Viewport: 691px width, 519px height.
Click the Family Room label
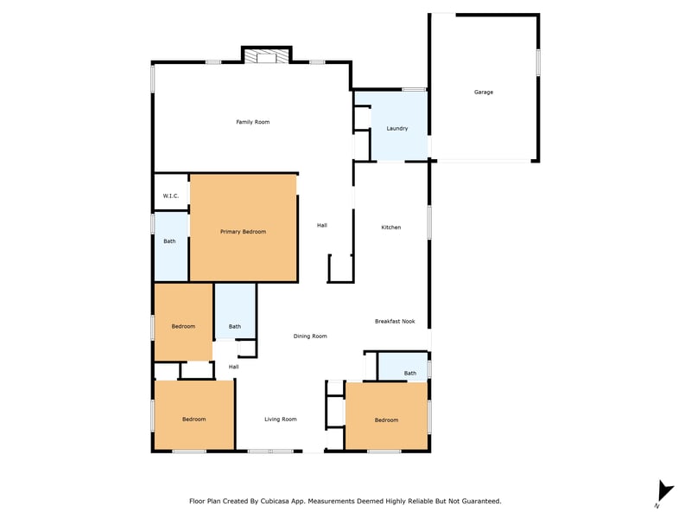pyautogui.click(x=252, y=122)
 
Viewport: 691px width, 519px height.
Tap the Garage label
pyautogui.click(x=484, y=93)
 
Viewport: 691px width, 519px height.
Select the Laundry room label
pyautogui.click(x=397, y=128)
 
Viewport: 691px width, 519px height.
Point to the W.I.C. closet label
pyautogui.click(x=170, y=196)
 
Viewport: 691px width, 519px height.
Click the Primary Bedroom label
pyautogui.click(x=243, y=232)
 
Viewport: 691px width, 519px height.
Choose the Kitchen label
pyautogui.click(x=391, y=227)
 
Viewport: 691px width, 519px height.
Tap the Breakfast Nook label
pyautogui.click(x=395, y=321)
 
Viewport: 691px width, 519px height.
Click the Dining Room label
pyautogui.click(x=310, y=336)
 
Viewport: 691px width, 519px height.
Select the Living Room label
pyautogui.click(x=280, y=420)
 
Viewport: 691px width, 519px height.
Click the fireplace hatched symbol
pyautogui.click(x=267, y=56)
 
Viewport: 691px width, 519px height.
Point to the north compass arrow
pyautogui.click(x=664, y=491)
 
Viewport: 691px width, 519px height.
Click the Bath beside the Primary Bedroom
pyautogui.click(x=169, y=241)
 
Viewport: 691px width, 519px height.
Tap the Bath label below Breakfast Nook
pyautogui.click(x=409, y=374)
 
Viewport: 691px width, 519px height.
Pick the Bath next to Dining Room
pyautogui.click(x=235, y=327)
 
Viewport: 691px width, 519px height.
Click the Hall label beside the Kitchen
pyautogui.click(x=322, y=226)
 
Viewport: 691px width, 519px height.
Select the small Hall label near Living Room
pyautogui.click(x=233, y=367)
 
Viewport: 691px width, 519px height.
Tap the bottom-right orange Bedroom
pyautogui.click(x=386, y=420)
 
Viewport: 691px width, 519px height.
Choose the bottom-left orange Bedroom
pyautogui.click(x=193, y=420)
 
